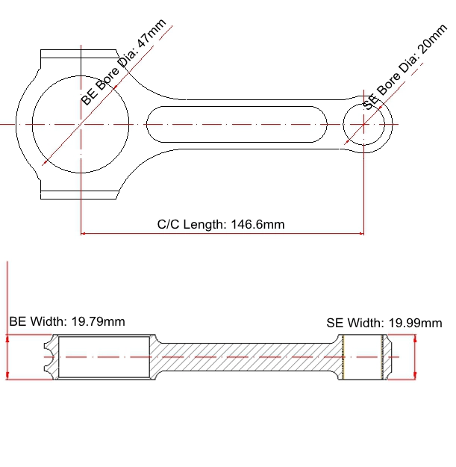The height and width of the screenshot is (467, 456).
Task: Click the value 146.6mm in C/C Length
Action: [x=257, y=224]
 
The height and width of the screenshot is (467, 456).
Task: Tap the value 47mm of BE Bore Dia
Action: [x=151, y=33]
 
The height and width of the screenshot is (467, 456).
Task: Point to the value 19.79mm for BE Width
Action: [x=99, y=321]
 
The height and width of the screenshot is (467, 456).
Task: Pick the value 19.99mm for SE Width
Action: [x=416, y=323]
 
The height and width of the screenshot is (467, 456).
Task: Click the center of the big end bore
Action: [x=81, y=124]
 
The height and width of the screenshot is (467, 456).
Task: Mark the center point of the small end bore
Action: [x=363, y=124]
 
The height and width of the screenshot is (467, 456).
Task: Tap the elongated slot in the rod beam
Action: [x=237, y=124]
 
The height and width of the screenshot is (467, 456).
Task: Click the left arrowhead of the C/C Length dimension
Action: [x=83, y=233]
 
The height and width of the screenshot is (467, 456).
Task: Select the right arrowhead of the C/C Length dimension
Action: [x=361, y=233]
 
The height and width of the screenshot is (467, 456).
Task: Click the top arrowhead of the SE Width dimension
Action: [x=415, y=338]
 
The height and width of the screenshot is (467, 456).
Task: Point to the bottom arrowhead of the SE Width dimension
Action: [x=415, y=376]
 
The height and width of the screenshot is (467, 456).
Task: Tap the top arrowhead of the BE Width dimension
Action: [x=7, y=338]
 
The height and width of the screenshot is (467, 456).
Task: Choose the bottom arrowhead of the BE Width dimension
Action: [x=7, y=376]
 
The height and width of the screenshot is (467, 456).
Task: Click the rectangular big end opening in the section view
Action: [x=104, y=357]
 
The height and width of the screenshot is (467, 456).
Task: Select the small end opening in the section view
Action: [x=363, y=357]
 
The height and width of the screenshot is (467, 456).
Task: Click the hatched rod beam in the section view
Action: [x=247, y=357]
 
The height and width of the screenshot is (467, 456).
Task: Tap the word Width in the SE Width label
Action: [x=366, y=323]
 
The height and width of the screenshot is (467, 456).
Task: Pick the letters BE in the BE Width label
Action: [x=18, y=321]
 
